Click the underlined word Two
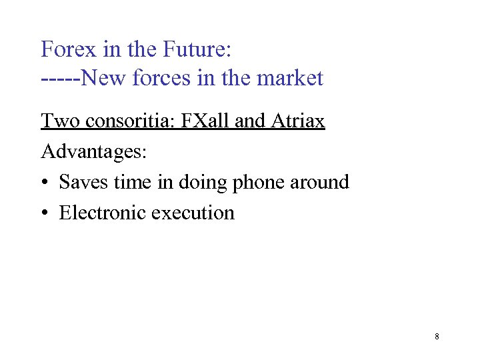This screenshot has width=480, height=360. click(56, 121)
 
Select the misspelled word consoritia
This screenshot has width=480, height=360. click(125, 121)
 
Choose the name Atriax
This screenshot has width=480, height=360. click(298, 121)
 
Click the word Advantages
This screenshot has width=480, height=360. click(94, 152)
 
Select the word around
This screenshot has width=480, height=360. click(319, 182)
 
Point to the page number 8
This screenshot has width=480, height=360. click(437, 337)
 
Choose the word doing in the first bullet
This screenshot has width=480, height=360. click(201, 183)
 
